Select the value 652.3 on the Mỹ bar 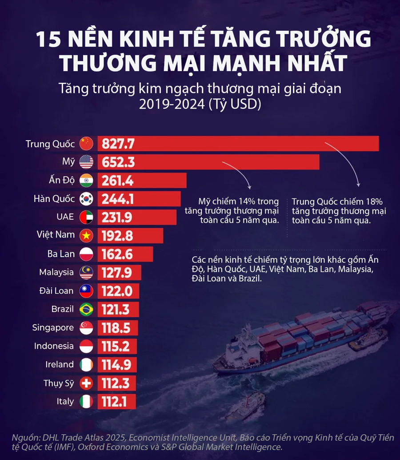[118, 162]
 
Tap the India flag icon [86, 181]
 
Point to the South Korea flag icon [86, 199]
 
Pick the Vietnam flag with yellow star [86, 235]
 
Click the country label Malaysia [56, 272]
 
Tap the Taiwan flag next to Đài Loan [86, 291]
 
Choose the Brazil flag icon [86, 309]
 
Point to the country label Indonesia [54, 346]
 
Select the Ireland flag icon [86, 365]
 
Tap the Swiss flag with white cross [86, 383]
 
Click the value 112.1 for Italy [115, 402]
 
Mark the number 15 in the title [48, 40]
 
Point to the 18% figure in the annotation [374, 201]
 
